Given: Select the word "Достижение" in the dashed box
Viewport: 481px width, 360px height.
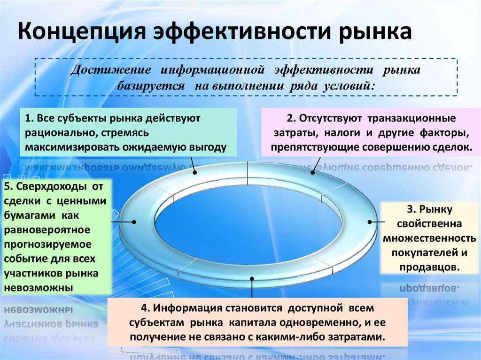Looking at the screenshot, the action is (110, 70).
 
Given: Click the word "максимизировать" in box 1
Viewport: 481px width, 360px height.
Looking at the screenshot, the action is (73, 147).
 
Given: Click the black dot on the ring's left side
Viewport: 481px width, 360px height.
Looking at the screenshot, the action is (134, 222).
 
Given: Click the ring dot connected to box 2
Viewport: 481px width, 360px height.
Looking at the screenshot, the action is (313, 172).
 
